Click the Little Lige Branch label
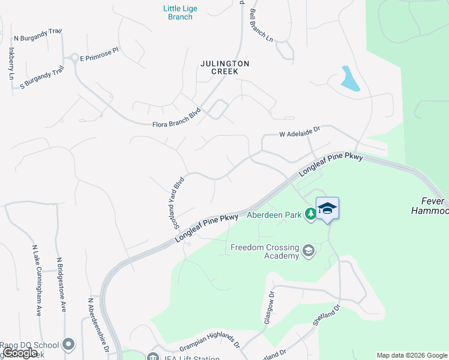pos(180,13)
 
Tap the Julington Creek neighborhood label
pos(225,67)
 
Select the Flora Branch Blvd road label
pos(175,119)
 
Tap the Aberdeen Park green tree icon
pos(310,214)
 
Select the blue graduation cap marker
pos(327,208)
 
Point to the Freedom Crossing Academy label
pos(265,251)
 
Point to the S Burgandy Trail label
pos(41,78)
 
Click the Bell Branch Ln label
pos(261,25)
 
